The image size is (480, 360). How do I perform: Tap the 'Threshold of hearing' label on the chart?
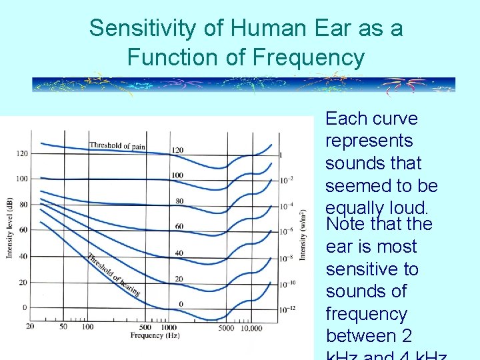(x=113, y=275)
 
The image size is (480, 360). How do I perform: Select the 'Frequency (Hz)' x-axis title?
(x=146, y=335)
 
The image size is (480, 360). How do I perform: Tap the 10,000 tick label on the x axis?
(x=251, y=327)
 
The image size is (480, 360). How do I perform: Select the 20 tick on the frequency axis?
(x=30, y=327)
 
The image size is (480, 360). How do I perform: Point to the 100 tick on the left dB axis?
(x=21, y=179)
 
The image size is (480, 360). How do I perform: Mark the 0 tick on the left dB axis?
(x=25, y=307)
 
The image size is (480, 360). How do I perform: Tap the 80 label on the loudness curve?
(x=179, y=201)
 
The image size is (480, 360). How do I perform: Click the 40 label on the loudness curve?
(x=179, y=253)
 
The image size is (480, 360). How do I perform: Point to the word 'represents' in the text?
(x=369, y=141)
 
